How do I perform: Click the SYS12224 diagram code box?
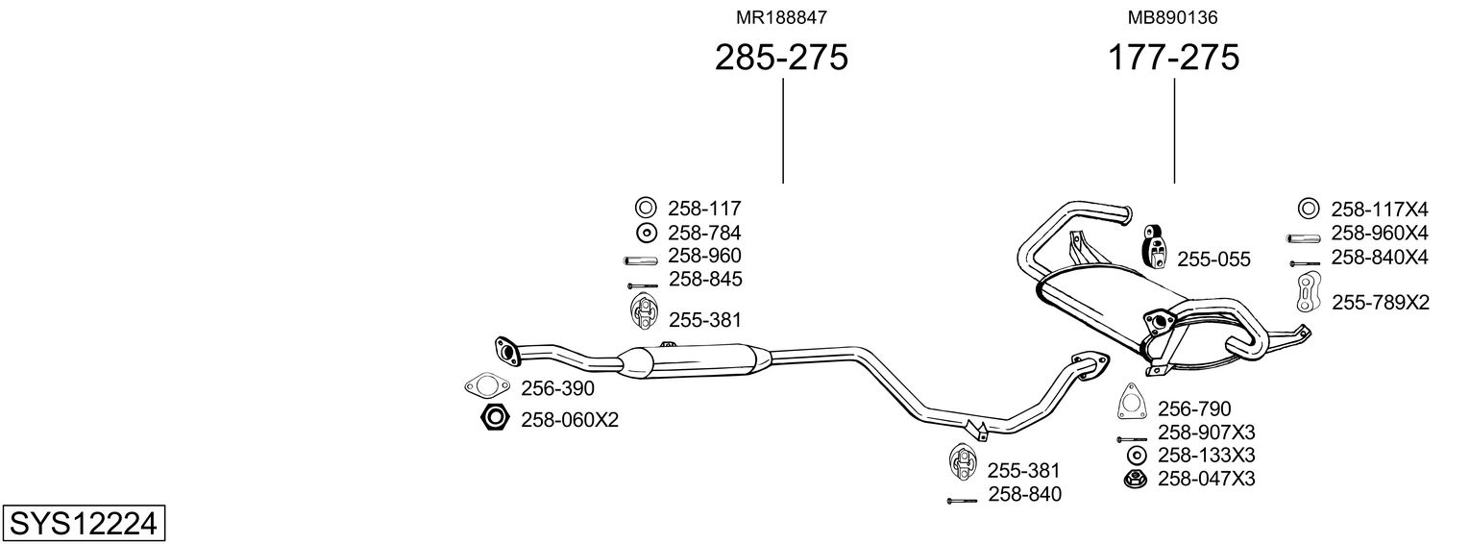click(x=84, y=524)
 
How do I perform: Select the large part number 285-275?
click(x=781, y=57)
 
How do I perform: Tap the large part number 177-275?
click(x=1173, y=57)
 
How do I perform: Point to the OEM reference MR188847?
click(x=781, y=17)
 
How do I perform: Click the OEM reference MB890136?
click(x=1172, y=17)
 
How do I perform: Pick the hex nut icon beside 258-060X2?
click(x=495, y=418)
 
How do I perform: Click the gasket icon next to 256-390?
click(x=486, y=386)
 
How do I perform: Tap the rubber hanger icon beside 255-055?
click(x=1155, y=247)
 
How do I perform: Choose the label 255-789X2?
click(x=1380, y=303)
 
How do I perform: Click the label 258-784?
click(x=704, y=233)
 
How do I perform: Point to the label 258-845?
click(x=705, y=279)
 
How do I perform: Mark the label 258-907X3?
click(x=1206, y=433)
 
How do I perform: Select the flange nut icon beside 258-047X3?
click(x=1136, y=479)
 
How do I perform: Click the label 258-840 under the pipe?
click(x=1024, y=494)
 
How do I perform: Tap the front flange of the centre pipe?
click(x=506, y=350)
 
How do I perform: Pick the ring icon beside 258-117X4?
click(x=1308, y=209)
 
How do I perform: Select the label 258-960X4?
click(x=1380, y=233)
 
